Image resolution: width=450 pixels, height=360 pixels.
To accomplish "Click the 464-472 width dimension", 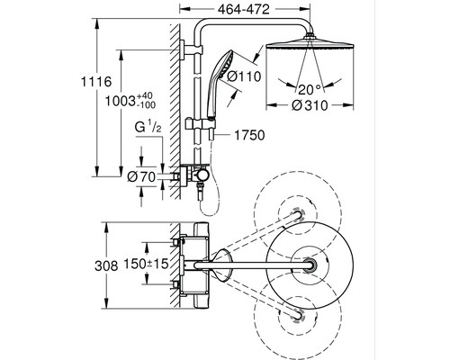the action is click(244, 9).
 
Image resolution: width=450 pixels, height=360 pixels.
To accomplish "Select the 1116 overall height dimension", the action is click(96, 82).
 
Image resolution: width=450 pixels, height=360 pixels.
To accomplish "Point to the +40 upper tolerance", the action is click(145, 96).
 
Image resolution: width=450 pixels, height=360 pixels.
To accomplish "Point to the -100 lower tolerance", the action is click(146, 104).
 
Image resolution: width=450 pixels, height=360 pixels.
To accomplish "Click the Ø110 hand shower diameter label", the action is click(244, 76).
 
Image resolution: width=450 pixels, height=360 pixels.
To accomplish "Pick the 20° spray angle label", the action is click(310, 89).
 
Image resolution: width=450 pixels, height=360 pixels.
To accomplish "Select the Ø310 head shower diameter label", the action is click(310, 105).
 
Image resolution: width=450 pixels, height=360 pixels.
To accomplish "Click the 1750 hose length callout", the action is click(249, 135).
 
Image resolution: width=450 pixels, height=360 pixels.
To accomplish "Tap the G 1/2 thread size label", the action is click(148, 127).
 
